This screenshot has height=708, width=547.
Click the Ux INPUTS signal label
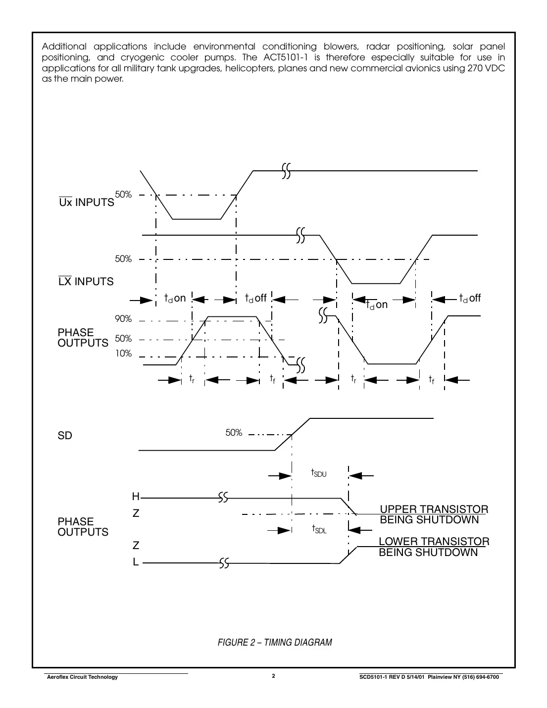[87, 202]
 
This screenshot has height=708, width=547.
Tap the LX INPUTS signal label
[86, 282]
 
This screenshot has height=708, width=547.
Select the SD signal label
[65, 436]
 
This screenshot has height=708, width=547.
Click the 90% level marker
[123, 319]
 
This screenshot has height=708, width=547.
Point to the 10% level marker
[123, 354]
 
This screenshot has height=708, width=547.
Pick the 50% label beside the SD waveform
[234, 433]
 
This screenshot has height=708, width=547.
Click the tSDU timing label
[319, 473]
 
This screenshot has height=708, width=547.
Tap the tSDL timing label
[319, 529]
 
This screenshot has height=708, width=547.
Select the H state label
[136, 497]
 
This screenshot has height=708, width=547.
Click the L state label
[136, 562]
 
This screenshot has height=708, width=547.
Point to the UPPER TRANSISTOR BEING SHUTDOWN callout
[434, 514]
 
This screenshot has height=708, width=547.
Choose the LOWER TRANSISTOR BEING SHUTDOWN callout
[434, 547]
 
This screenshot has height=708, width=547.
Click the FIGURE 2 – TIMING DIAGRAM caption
[275, 643]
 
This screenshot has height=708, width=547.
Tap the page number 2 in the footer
[273, 676]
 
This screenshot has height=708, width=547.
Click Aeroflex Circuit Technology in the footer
[82, 677]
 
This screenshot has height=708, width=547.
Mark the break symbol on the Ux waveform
[286, 171]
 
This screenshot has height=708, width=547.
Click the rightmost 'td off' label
[470, 298]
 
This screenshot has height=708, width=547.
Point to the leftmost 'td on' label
[175, 298]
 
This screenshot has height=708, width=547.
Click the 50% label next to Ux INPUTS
[123, 195]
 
